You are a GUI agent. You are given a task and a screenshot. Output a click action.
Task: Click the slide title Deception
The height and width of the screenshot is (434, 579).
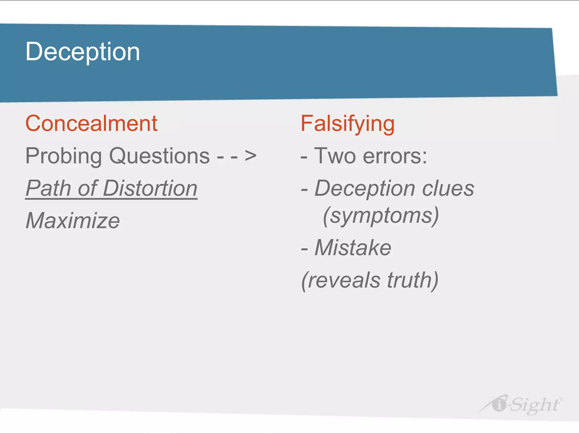[x=83, y=52]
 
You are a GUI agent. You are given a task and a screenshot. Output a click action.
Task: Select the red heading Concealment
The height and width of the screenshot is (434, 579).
[x=91, y=124]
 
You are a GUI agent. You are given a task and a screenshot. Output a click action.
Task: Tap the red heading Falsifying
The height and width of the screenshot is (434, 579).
[x=347, y=124]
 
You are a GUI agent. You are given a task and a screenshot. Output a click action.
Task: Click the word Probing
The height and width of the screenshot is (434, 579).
[x=64, y=156]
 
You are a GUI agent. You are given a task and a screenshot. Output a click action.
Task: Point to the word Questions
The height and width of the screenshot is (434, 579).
[x=159, y=156]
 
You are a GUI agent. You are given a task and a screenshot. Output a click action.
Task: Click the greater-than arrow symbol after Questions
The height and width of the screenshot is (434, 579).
[x=250, y=156]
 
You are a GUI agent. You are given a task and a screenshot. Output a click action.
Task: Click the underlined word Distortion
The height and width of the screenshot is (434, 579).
[x=150, y=188]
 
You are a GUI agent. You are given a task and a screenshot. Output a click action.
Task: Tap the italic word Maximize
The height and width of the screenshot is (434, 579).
[x=73, y=221]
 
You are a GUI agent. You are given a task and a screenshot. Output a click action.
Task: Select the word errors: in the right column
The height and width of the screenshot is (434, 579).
[x=395, y=156]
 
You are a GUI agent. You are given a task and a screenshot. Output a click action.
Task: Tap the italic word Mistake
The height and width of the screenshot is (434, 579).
[x=353, y=248]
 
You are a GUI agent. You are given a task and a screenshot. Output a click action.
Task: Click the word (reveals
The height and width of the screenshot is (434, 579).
[x=341, y=280]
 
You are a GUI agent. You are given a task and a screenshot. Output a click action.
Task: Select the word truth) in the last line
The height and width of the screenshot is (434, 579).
[x=412, y=280]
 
